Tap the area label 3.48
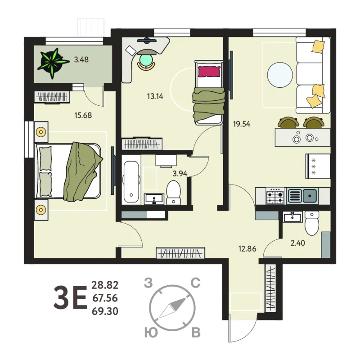(x=81, y=60)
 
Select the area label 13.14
(x=155, y=96)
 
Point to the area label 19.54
(x=242, y=124)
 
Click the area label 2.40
(x=298, y=243)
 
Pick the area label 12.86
(x=247, y=249)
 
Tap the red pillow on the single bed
(x=209, y=72)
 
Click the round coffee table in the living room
(x=280, y=75)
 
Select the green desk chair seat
(x=146, y=59)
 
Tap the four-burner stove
(x=275, y=196)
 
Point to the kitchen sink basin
(x=310, y=196)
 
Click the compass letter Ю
(x=151, y=333)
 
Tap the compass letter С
(x=196, y=283)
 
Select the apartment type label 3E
(x=70, y=297)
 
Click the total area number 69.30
(x=105, y=311)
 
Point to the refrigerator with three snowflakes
(x=318, y=166)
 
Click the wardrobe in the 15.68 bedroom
(x=52, y=97)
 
